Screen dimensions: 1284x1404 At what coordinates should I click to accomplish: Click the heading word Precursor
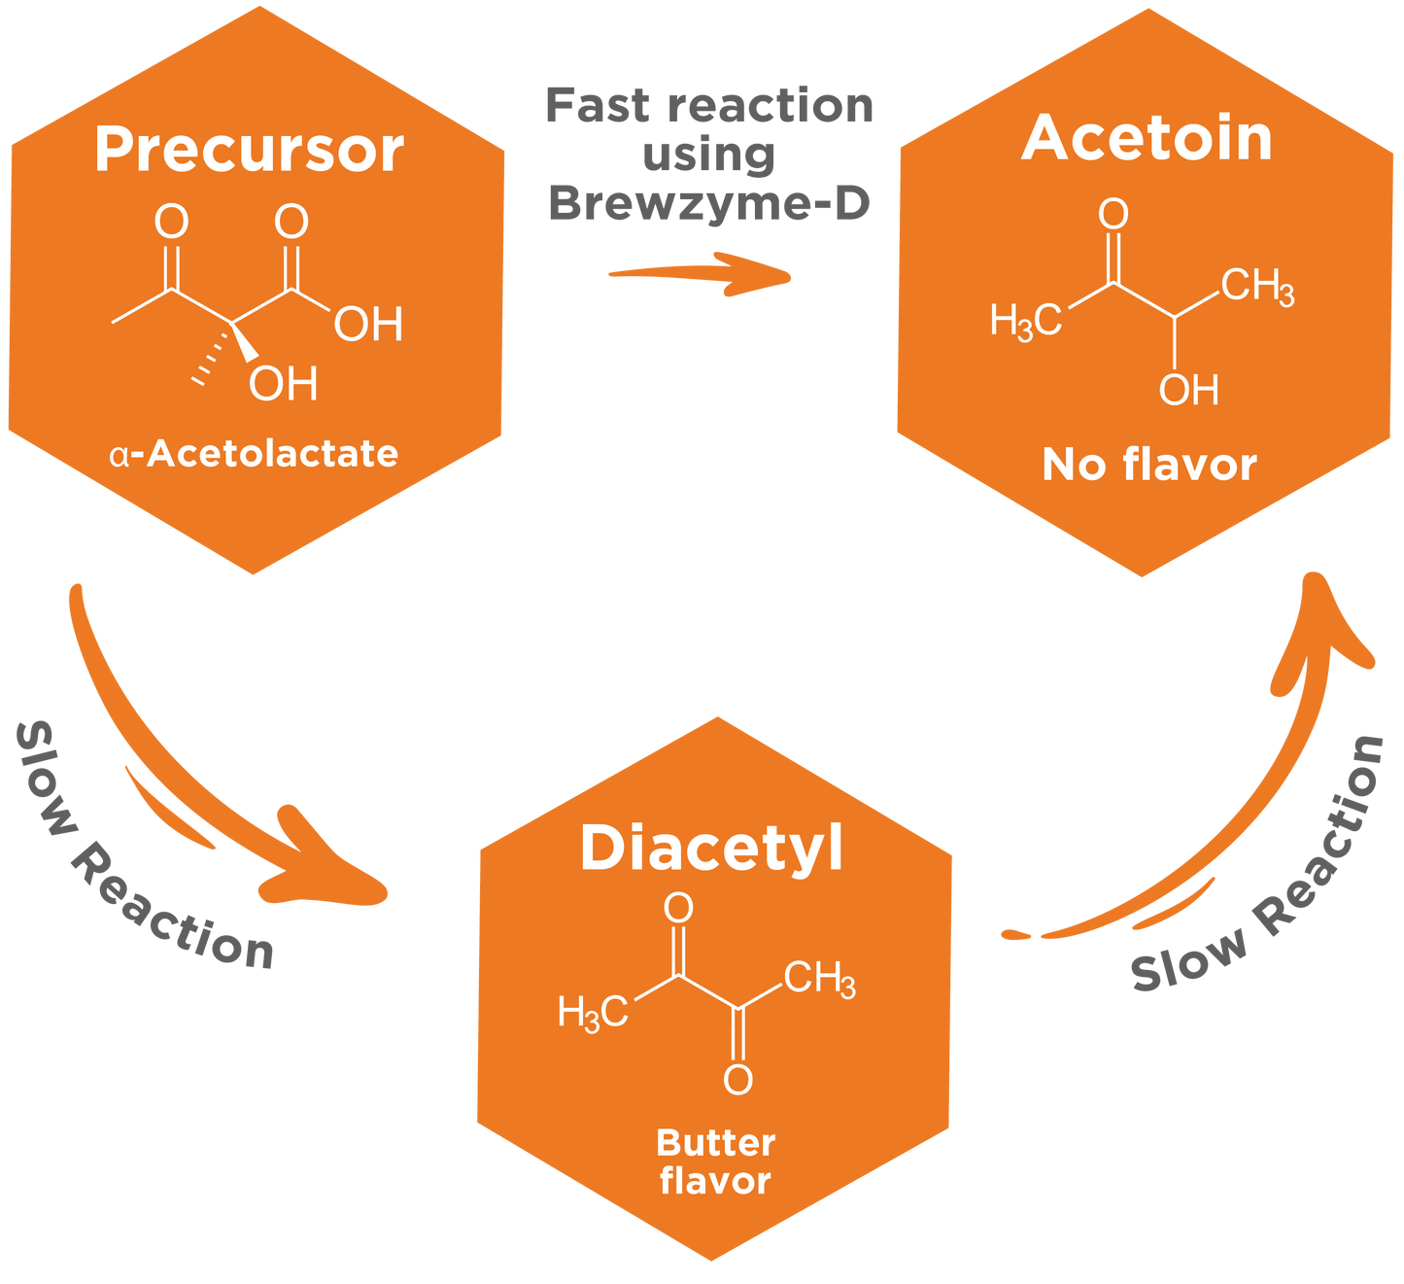click(x=250, y=151)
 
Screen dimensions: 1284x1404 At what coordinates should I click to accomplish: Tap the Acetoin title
click(x=1147, y=139)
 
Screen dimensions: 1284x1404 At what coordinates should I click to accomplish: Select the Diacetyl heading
click(x=712, y=849)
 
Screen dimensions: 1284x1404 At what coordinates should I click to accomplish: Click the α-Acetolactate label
click(x=255, y=454)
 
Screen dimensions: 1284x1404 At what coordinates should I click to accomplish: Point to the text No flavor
click(x=1149, y=465)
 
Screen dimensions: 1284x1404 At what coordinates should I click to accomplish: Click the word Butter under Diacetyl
click(x=715, y=1143)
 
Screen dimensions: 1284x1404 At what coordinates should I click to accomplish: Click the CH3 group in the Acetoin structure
click(x=1257, y=287)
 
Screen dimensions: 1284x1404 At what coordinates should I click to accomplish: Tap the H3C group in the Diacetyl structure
click(x=593, y=1013)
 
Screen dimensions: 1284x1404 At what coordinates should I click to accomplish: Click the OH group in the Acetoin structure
click(x=1188, y=390)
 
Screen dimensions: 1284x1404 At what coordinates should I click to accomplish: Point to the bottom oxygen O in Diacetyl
click(x=737, y=1080)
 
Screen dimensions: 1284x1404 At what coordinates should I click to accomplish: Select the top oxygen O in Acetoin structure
click(x=1113, y=214)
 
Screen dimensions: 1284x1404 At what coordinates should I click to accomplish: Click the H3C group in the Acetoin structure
click(x=1025, y=320)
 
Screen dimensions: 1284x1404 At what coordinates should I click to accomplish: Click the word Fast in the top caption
click(x=597, y=106)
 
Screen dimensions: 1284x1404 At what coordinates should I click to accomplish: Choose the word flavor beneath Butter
click(x=715, y=1181)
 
